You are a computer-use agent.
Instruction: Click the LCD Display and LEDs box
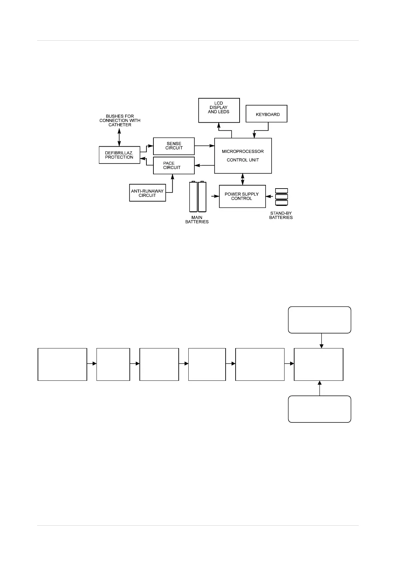(219, 110)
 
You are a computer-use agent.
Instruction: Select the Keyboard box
(266, 114)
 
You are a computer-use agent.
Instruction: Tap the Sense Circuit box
(174, 146)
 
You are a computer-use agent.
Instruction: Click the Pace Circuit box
(174, 165)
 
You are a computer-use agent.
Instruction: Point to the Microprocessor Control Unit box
(243, 156)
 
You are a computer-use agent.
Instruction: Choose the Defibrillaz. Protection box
(119, 155)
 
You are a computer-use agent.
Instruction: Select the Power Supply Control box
(242, 196)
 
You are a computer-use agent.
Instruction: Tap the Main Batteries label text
(197, 220)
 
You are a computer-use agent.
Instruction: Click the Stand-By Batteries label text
(281, 215)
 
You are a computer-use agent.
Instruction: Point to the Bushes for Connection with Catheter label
(120, 121)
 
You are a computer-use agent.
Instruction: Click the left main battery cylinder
(193, 197)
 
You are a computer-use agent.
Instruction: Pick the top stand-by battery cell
(282, 191)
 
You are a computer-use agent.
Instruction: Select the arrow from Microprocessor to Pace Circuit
(204, 165)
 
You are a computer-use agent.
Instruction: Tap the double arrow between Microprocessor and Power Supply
(243, 179)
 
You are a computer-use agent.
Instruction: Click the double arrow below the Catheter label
(119, 137)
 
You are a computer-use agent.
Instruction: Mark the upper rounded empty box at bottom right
(319, 320)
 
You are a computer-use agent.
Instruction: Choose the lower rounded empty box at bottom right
(319, 409)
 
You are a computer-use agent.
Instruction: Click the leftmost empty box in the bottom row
(62, 364)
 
